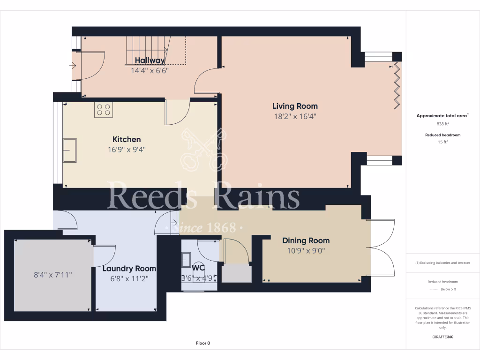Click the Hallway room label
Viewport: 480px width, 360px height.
(150, 60)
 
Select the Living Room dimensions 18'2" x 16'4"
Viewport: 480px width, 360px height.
(295, 117)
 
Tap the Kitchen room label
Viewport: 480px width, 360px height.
(127, 140)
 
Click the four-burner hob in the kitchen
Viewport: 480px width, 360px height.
(103, 110)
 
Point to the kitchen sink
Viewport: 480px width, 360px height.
(70, 150)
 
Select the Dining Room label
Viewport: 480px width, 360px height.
(306, 240)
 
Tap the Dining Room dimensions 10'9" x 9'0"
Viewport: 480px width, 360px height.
(306, 251)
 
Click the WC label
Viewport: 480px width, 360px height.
(198, 268)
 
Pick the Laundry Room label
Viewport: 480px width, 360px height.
(129, 269)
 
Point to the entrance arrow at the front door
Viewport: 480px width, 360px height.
(72, 66)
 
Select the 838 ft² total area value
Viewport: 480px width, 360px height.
(443, 124)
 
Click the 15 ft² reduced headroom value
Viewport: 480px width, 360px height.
(443, 142)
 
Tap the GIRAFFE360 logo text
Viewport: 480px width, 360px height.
(443, 337)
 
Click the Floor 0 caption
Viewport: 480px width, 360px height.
(202, 343)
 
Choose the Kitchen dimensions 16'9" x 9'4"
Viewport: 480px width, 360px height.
(127, 150)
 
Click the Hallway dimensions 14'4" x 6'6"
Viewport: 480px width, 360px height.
(150, 71)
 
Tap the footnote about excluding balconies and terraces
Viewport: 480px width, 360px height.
(443, 262)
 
